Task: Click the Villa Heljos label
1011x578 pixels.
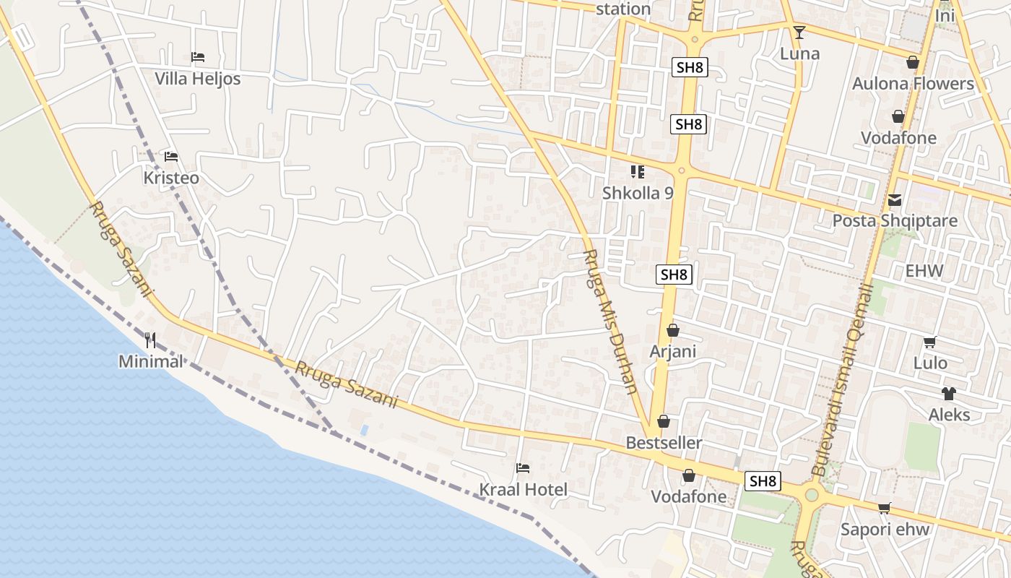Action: (197, 79)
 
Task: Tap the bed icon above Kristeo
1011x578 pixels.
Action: (171, 156)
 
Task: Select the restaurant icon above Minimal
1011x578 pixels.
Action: (150, 340)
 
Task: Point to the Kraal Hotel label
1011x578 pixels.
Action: (524, 490)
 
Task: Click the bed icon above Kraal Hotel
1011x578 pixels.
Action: (524, 468)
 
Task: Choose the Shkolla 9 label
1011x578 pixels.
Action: (638, 193)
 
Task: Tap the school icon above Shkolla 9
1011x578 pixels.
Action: (637, 172)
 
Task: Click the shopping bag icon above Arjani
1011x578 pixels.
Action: (673, 330)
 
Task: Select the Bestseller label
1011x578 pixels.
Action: (664, 442)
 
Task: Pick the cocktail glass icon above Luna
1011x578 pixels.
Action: (799, 32)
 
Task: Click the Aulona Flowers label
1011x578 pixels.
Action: (913, 84)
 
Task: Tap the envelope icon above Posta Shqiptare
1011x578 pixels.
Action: (895, 200)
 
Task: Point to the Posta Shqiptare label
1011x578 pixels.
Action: (895, 220)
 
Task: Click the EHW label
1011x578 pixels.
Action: (924, 272)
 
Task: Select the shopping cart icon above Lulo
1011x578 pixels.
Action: (930, 342)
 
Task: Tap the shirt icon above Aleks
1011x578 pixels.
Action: (949, 394)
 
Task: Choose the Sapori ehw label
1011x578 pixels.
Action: (885, 529)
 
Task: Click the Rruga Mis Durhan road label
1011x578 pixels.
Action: (610, 322)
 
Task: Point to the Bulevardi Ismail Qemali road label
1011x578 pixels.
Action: (843, 380)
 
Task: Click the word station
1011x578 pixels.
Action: (624, 9)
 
